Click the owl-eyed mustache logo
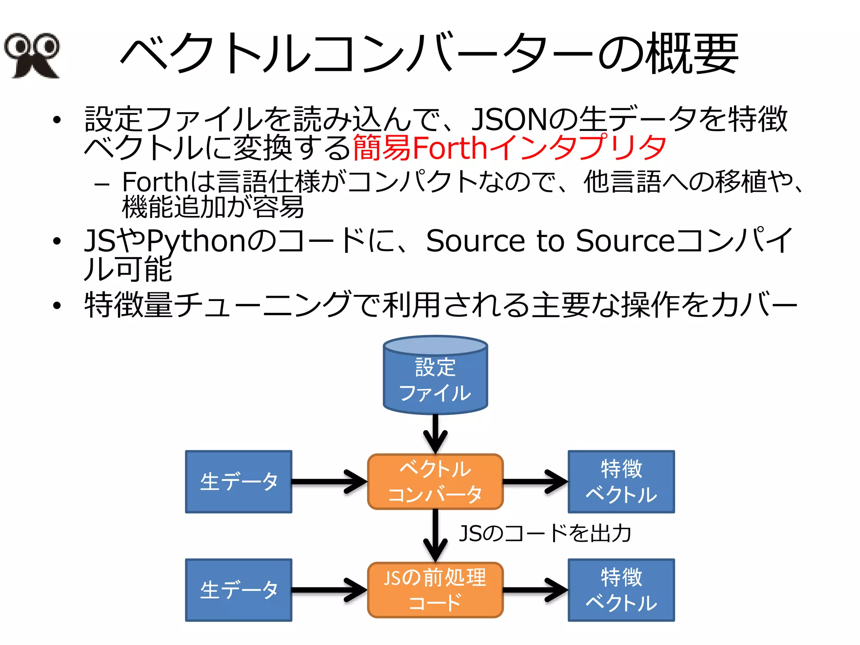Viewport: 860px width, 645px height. [32, 55]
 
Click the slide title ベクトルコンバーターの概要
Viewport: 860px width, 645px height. [429, 54]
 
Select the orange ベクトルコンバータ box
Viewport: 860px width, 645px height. [435, 482]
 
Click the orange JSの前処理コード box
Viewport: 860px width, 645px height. [435, 590]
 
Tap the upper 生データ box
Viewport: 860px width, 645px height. [239, 482]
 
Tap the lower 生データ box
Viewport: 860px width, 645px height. [239, 590]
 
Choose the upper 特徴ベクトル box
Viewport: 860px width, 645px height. [621, 482]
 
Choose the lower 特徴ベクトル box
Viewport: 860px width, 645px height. [621, 590]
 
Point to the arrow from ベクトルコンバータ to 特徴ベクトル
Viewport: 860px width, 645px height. [535, 482]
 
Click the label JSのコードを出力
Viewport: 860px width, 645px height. [545, 533]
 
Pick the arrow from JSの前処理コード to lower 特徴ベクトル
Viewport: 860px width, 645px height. [535, 590]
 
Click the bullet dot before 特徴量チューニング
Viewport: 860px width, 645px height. [57, 306]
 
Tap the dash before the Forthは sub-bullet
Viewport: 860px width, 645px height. [102, 184]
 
